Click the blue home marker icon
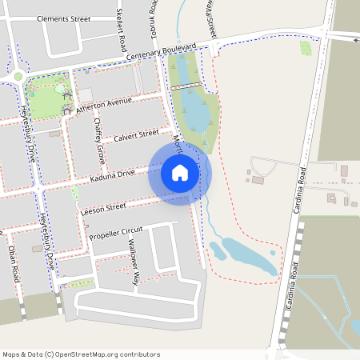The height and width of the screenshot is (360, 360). (x=179, y=173)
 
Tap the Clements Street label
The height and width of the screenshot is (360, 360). (x=63, y=18)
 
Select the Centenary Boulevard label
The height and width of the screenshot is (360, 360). (x=161, y=54)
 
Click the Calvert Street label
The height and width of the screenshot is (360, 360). (x=136, y=136)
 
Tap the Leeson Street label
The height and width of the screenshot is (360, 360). (x=104, y=208)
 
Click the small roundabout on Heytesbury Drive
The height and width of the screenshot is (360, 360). (x=18, y=76)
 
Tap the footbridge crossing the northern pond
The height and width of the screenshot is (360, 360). (x=185, y=84)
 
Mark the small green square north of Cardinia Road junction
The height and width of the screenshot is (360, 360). (x=305, y=48)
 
